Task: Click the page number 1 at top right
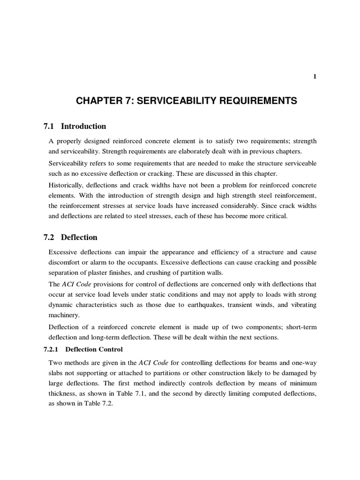tap(315, 77)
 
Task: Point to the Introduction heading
tap(83, 126)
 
